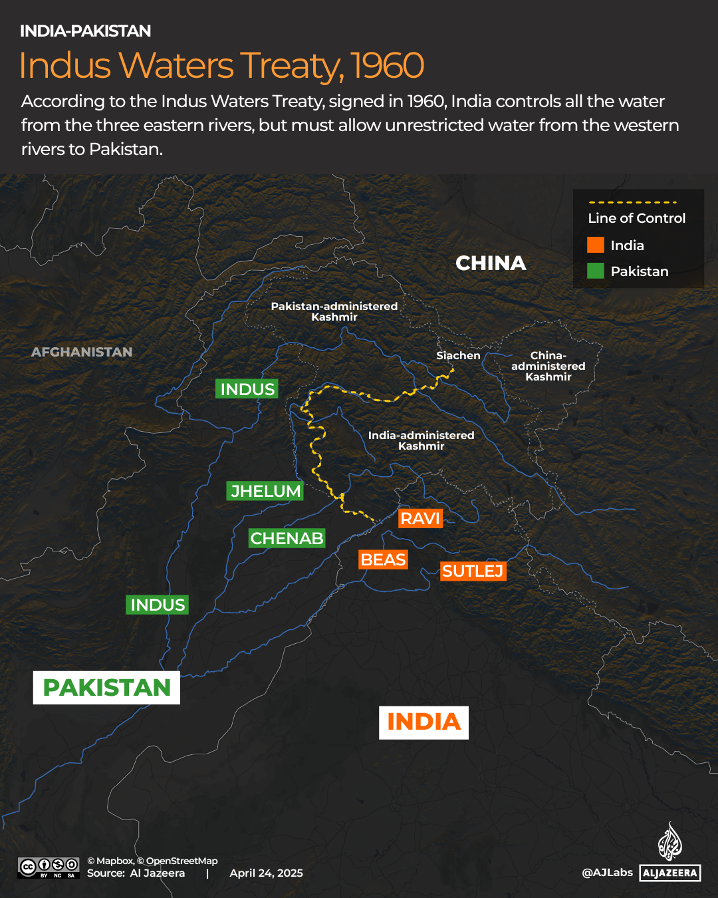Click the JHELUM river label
(x=265, y=491)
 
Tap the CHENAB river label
(x=287, y=538)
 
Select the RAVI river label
(x=420, y=518)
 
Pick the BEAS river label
(x=383, y=559)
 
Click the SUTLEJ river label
(x=473, y=571)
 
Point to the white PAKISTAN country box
(x=106, y=687)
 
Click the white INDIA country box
(x=423, y=722)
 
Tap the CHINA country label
(x=491, y=263)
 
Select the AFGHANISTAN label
(x=82, y=352)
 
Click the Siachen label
(x=458, y=355)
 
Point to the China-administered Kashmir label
(x=548, y=366)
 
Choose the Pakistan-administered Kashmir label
(x=334, y=311)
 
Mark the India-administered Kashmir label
(x=421, y=440)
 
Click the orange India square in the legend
(x=596, y=245)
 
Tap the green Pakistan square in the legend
(x=596, y=271)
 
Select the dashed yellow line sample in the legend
(x=632, y=202)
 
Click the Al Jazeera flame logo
(x=669, y=841)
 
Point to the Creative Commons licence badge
(x=49, y=867)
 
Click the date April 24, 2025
(x=266, y=873)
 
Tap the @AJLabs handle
(x=607, y=872)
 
